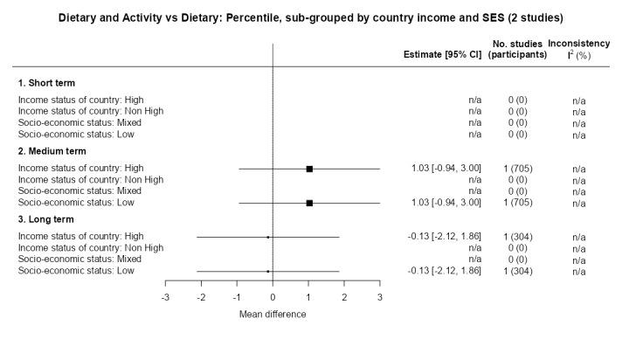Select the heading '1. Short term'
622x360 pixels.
click(47, 83)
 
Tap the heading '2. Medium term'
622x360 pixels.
click(52, 151)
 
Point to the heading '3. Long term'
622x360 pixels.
click(47, 219)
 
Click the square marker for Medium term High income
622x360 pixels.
click(309, 169)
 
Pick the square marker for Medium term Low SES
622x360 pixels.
click(309, 203)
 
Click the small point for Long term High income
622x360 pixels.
click(268, 237)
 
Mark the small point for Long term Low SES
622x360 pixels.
click(268, 271)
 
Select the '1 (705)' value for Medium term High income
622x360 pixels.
click(517, 169)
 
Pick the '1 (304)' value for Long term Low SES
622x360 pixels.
click(517, 271)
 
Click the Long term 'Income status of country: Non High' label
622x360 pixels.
click(91, 248)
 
